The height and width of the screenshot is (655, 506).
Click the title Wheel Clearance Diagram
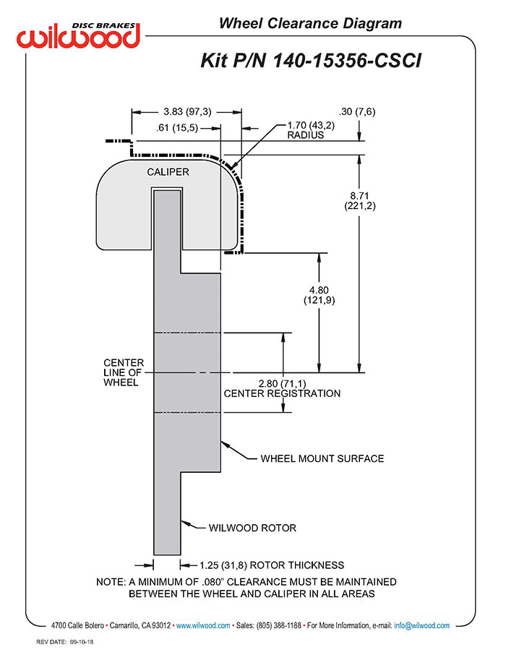[x=310, y=24]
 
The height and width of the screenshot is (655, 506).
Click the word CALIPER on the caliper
[x=168, y=172]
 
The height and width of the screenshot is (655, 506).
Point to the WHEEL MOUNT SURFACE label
[x=322, y=458]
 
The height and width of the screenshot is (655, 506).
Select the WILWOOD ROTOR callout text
[x=252, y=528]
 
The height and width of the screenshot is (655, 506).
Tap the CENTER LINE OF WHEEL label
[x=124, y=372]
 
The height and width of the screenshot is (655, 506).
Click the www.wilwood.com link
[x=203, y=625]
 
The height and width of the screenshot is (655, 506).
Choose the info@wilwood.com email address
[x=421, y=625]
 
